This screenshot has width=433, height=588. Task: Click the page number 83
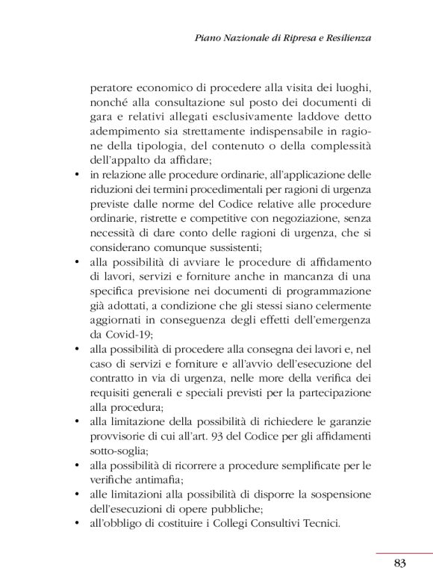[x=399, y=563]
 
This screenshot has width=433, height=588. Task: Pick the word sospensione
[x=337, y=494]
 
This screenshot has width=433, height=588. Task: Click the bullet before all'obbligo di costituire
[x=78, y=523]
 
